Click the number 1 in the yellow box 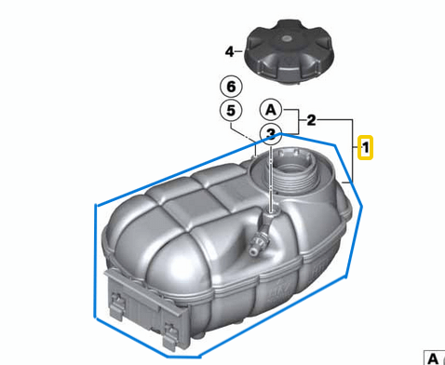[366, 147]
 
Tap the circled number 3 [270, 133]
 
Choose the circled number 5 [229, 111]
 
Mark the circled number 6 [229, 87]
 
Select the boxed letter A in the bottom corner [433, 357]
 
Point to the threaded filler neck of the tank [294, 174]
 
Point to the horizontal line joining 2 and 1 [336, 120]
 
